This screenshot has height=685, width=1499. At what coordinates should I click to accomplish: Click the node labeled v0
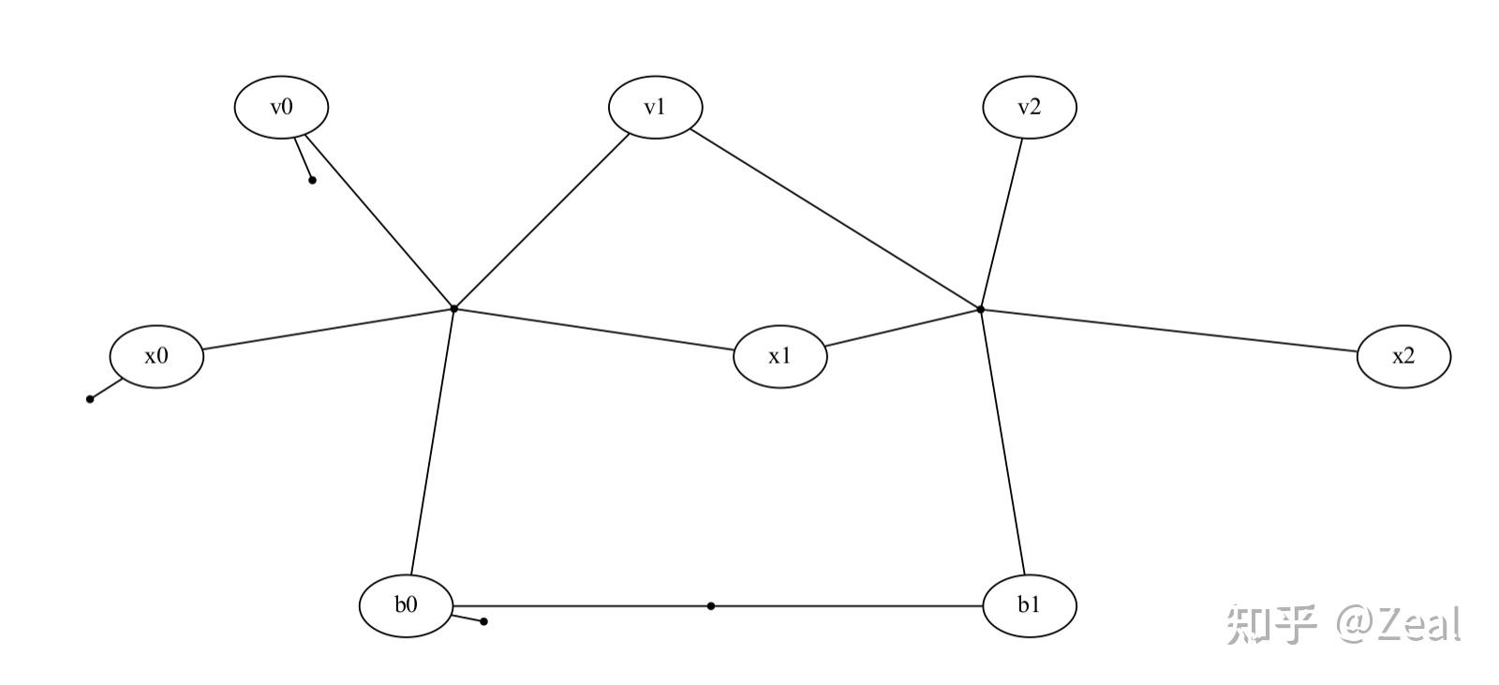pyautogui.click(x=281, y=107)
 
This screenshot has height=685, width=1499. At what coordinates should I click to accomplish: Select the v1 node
pyautogui.click(x=655, y=107)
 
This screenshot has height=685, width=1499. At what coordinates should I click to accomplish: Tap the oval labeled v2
pyautogui.click(x=1029, y=107)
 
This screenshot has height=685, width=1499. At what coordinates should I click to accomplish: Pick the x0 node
pyautogui.click(x=156, y=356)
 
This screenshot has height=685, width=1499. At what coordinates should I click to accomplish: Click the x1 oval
pyautogui.click(x=779, y=356)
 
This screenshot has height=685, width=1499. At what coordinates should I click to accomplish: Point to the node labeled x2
pyautogui.click(x=1403, y=356)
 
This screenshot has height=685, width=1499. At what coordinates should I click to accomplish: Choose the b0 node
pyautogui.click(x=406, y=605)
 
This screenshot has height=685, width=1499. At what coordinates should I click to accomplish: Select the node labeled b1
pyautogui.click(x=1029, y=605)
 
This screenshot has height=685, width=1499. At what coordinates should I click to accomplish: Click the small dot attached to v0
pyautogui.click(x=312, y=180)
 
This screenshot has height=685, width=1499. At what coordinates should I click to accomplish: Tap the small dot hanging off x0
pyautogui.click(x=90, y=399)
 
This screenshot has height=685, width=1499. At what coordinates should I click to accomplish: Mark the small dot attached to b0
pyautogui.click(x=483, y=621)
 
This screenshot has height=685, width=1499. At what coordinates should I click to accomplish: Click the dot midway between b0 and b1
pyautogui.click(x=711, y=606)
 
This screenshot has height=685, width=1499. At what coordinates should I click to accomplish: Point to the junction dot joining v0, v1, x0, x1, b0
pyautogui.click(x=453, y=308)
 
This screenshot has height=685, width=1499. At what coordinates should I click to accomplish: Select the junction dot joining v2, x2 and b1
pyautogui.click(x=981, y=308)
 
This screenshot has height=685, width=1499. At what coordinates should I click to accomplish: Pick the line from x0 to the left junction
pyautogui.click(x=328, y=329)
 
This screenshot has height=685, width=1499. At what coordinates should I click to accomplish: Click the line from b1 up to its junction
pyautogui.click(x=1002, y=440)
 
